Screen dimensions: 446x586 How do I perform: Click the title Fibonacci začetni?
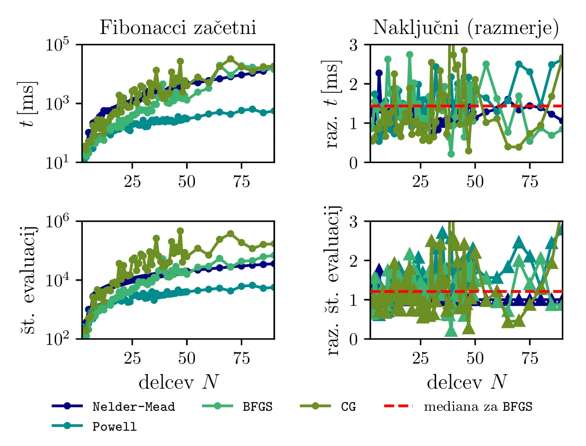(177, 28)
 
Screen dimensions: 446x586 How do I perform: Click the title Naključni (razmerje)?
(466, 28)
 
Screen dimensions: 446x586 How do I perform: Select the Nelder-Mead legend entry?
(133, 407)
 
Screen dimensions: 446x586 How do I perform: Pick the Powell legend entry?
(115, 426)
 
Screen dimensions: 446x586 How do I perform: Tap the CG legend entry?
(348, 407)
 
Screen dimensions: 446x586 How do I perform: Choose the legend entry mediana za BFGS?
(478, 407)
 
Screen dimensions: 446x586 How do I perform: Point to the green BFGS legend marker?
(218, 406)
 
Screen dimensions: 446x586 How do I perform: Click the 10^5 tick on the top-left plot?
(57, 45)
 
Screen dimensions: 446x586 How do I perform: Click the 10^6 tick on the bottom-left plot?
(57, 222)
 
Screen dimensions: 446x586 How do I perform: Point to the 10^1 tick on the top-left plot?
(57, 163)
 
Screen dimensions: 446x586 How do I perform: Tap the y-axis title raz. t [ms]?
(332, 104)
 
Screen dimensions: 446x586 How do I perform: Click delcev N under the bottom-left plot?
(178, 382)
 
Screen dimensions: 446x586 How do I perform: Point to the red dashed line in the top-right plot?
(510, 106)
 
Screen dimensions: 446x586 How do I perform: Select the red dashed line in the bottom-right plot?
(510, 291)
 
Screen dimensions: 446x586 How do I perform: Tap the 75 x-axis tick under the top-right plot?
(530, 182)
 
